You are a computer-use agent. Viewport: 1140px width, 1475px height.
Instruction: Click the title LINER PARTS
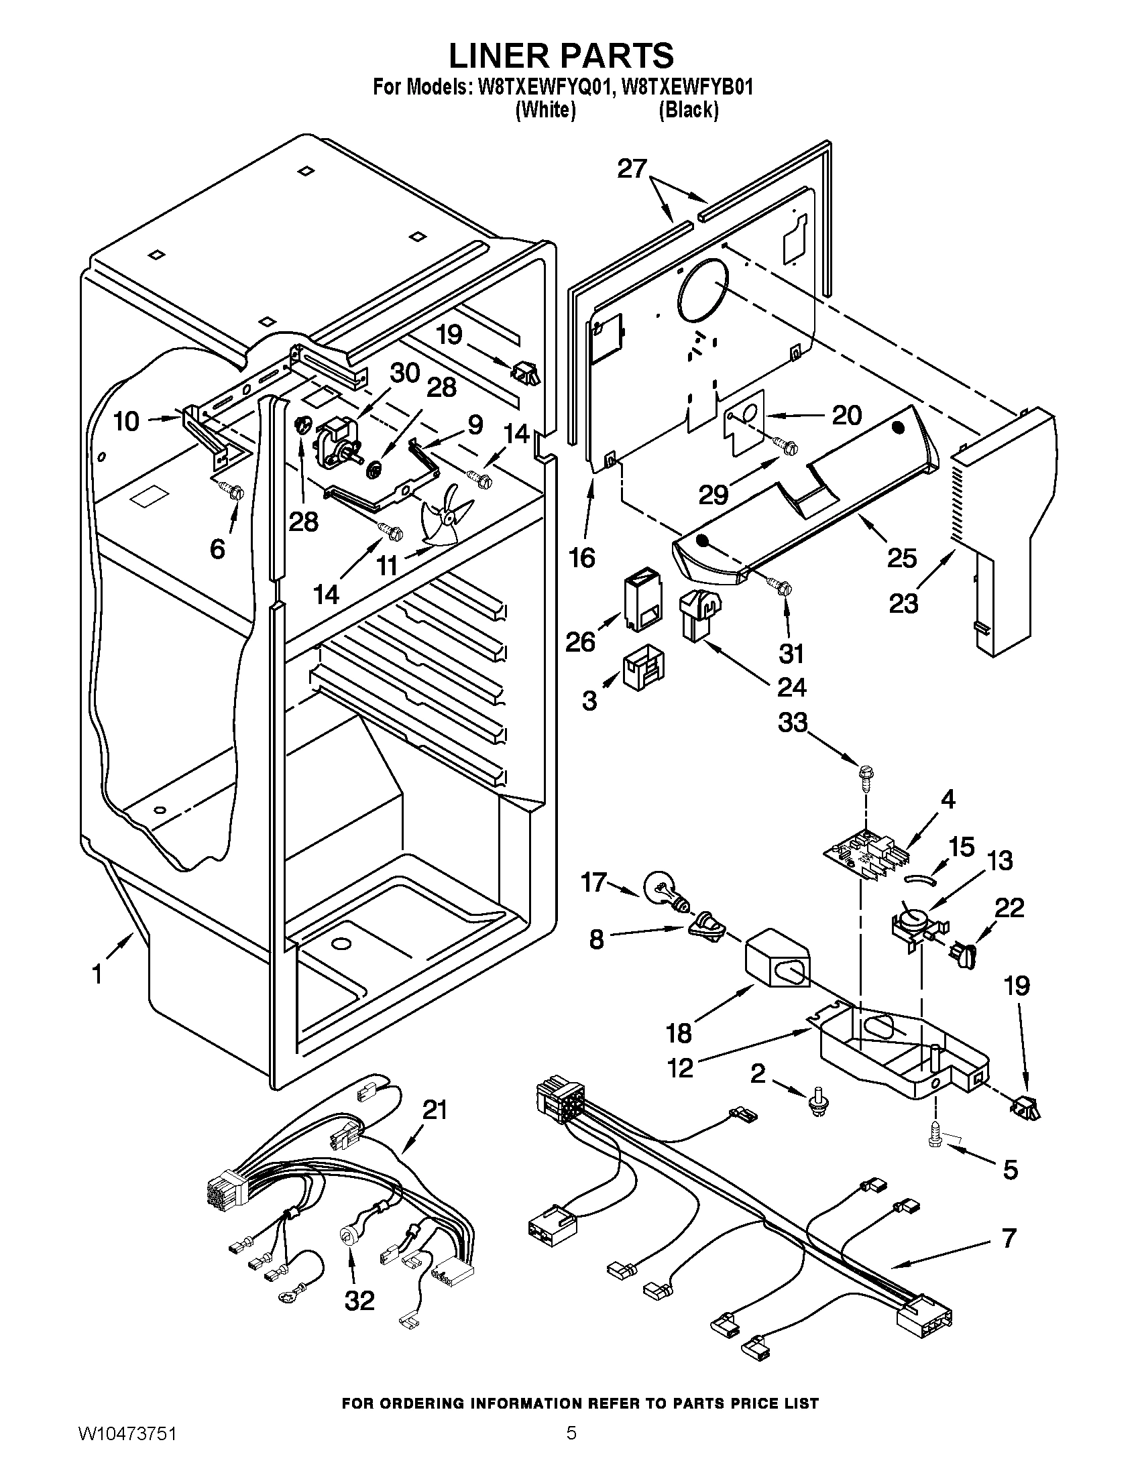click(x=561, y=55)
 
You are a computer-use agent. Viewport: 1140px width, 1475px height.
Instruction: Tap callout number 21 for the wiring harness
click(x=435, y=1110)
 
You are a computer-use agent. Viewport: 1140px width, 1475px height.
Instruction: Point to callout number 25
click(x=901, y=558)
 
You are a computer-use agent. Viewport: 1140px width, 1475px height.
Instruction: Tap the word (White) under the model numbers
click(x=545, y=109)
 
